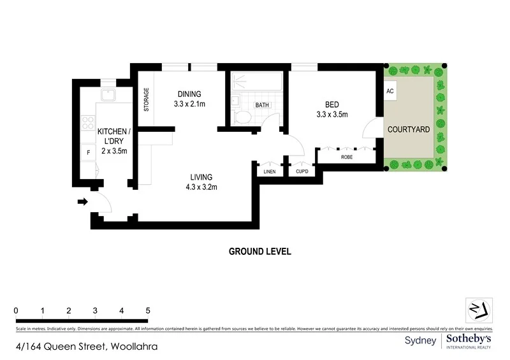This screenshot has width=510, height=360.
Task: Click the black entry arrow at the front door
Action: (x=82, y=202)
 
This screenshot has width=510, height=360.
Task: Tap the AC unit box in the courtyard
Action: (x=390, y=91)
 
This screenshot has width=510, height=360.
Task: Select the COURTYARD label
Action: (x=409, y=129)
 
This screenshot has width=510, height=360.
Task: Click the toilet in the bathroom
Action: (x=243, y=117)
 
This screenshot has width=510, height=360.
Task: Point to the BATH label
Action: (x=262, y=104)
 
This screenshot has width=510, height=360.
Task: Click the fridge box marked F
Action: (x=87, y=152)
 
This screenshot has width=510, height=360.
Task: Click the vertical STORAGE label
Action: (x=146, y=99)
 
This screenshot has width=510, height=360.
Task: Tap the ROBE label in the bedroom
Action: (x=347, y=156)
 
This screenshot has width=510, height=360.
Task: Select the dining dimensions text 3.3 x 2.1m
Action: (x=189, y=103)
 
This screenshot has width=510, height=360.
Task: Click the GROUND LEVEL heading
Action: (x=259, y=251)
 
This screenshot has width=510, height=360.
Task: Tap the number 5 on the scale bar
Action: (x=148, y=310)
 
